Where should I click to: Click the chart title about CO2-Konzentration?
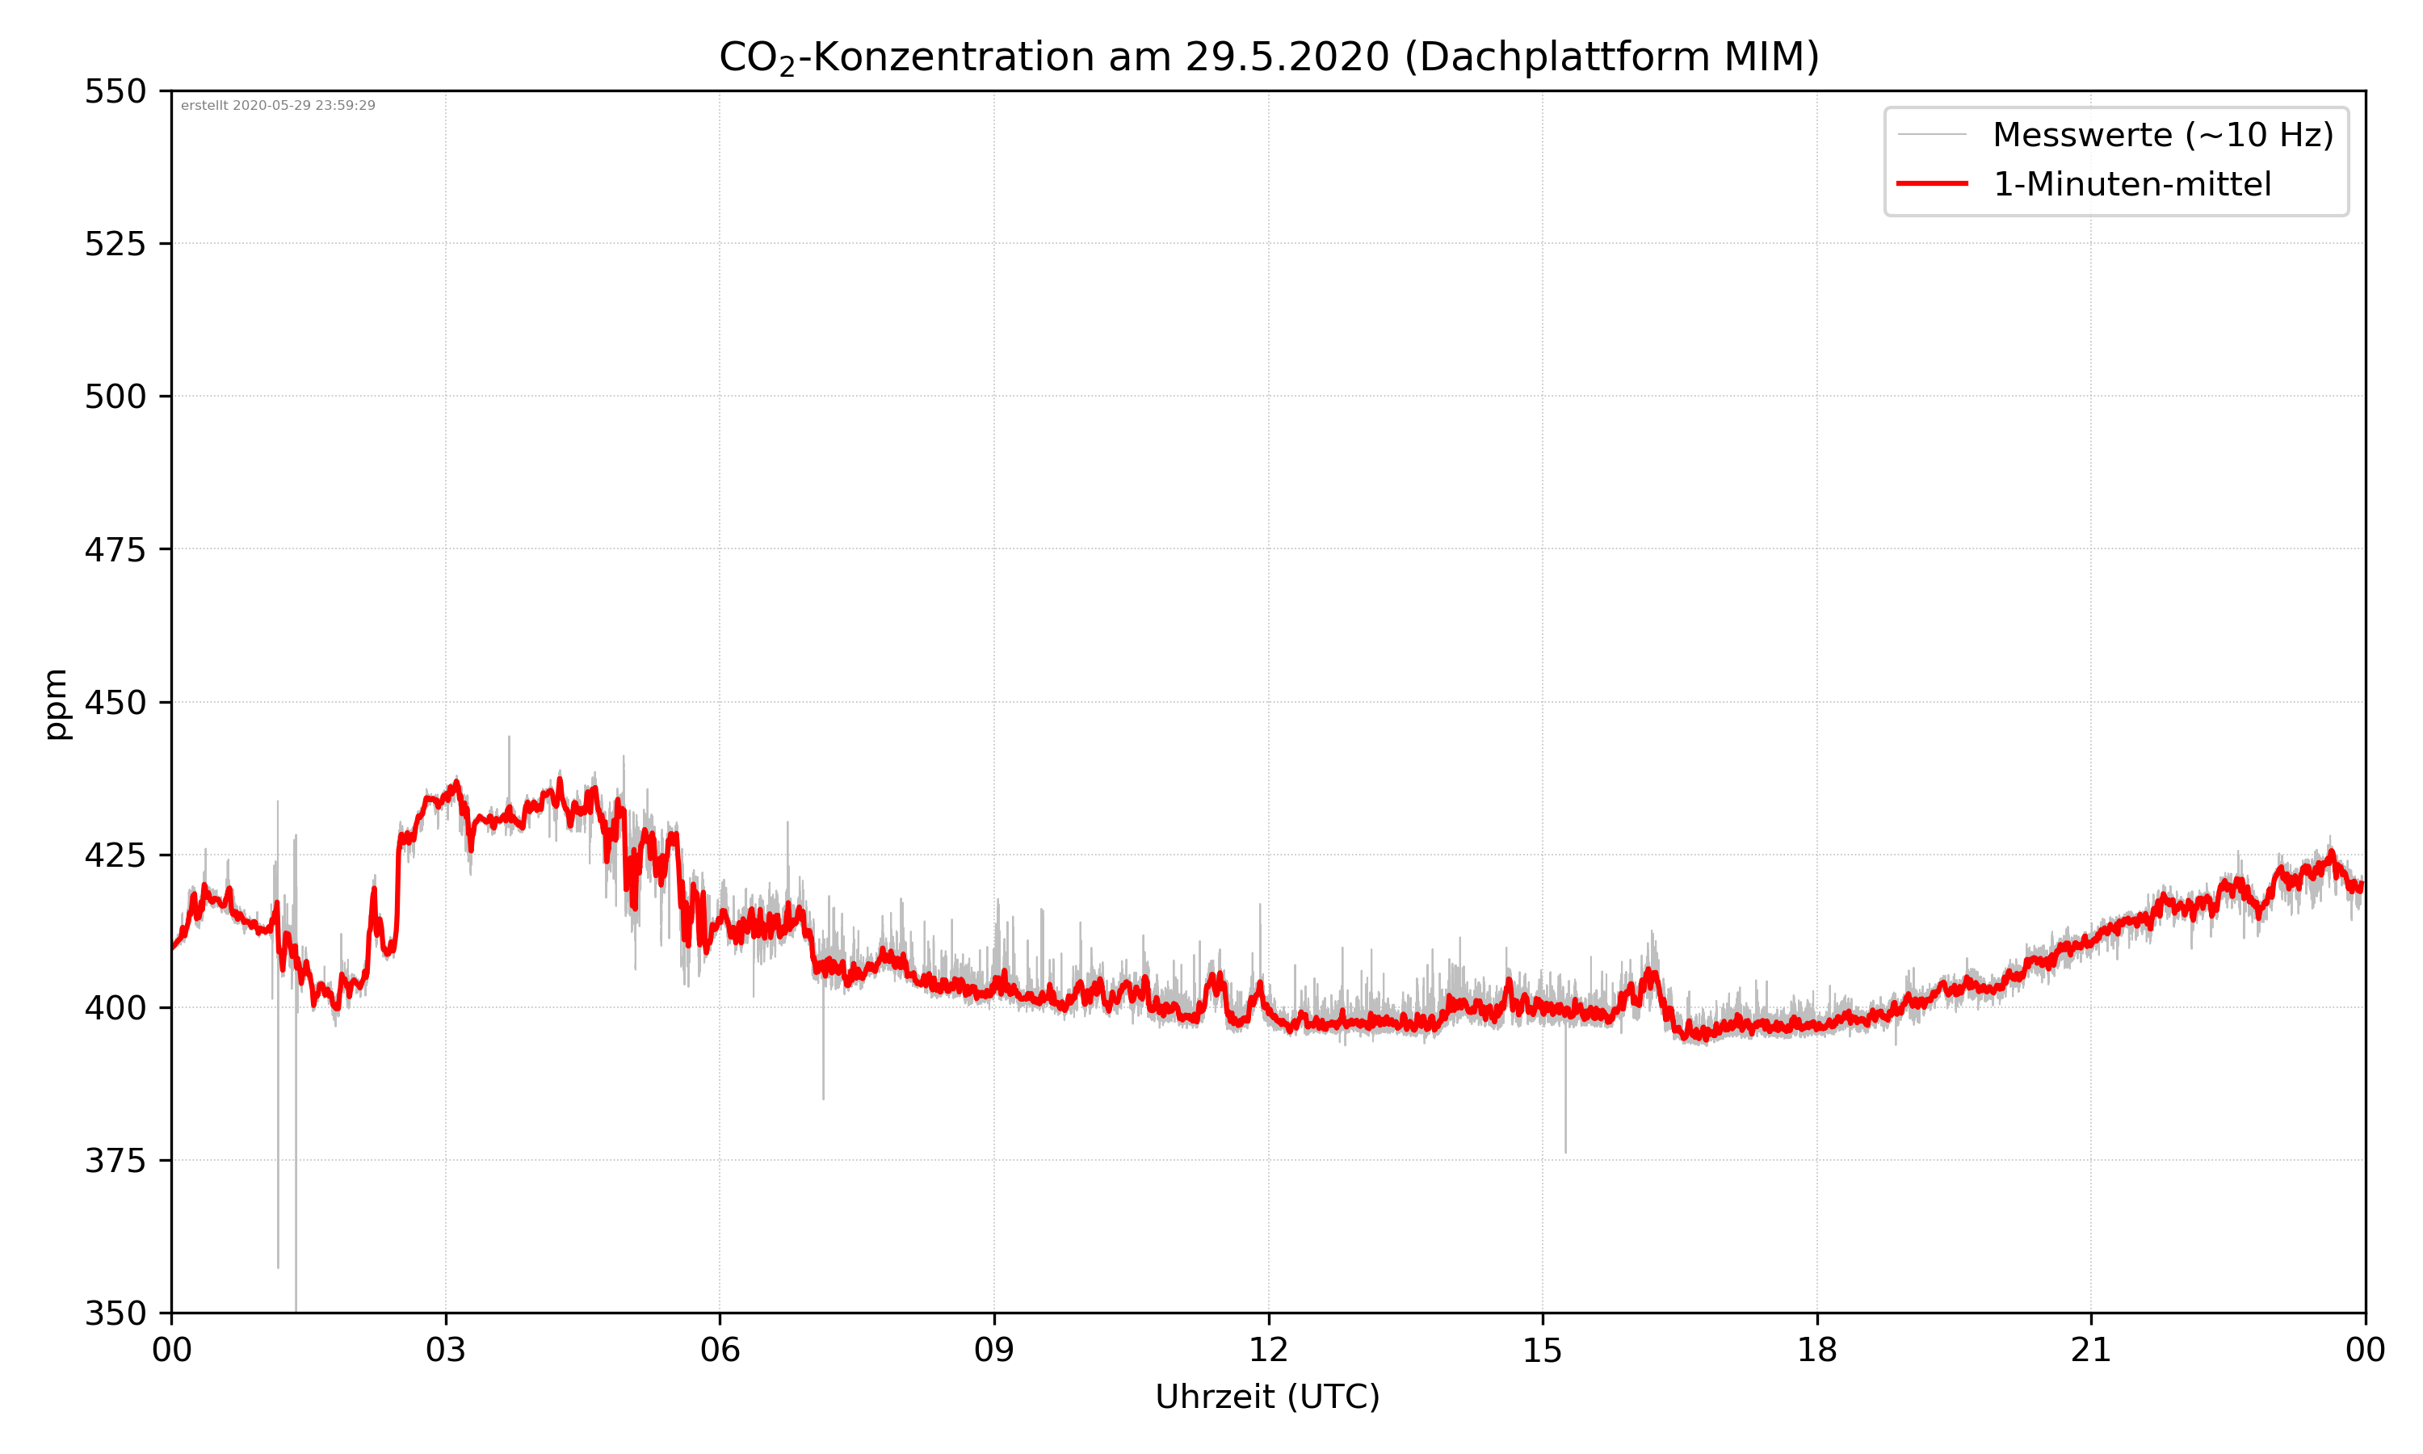(1268, 57)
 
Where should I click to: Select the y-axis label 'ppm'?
(56, 704)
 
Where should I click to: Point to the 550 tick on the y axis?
(115, 91)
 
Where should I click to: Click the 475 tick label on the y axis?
(115, 549)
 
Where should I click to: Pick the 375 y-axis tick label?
(115, 1161)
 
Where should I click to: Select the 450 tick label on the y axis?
(115, 703)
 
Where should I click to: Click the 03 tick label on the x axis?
(446, 1350)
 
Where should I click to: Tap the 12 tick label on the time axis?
(1268, 1350)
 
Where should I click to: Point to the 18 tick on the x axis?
(1816, 1350)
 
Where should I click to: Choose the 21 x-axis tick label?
(2091, 1350)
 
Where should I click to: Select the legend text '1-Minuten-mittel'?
(2132, 184)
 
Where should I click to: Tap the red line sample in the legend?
(1931, 183)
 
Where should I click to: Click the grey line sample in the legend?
(1931, 134)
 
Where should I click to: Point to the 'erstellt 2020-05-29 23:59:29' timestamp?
(278, 106)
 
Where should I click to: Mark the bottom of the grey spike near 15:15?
(1565, 1152)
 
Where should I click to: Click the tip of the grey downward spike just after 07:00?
(823, 1099)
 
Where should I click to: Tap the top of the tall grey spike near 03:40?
(508, 737)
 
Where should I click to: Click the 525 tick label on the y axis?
(115, 244)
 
